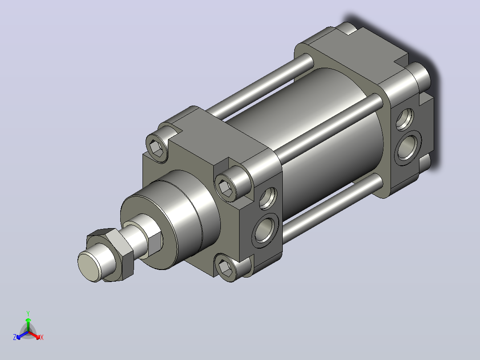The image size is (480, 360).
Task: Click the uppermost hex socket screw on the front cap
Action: point(158,147)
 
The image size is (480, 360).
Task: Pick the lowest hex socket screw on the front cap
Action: point(227,267)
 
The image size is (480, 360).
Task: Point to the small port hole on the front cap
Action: point(268,198)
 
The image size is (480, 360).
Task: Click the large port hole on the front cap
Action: point(265,230)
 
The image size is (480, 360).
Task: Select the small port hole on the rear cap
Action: point(405,119)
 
